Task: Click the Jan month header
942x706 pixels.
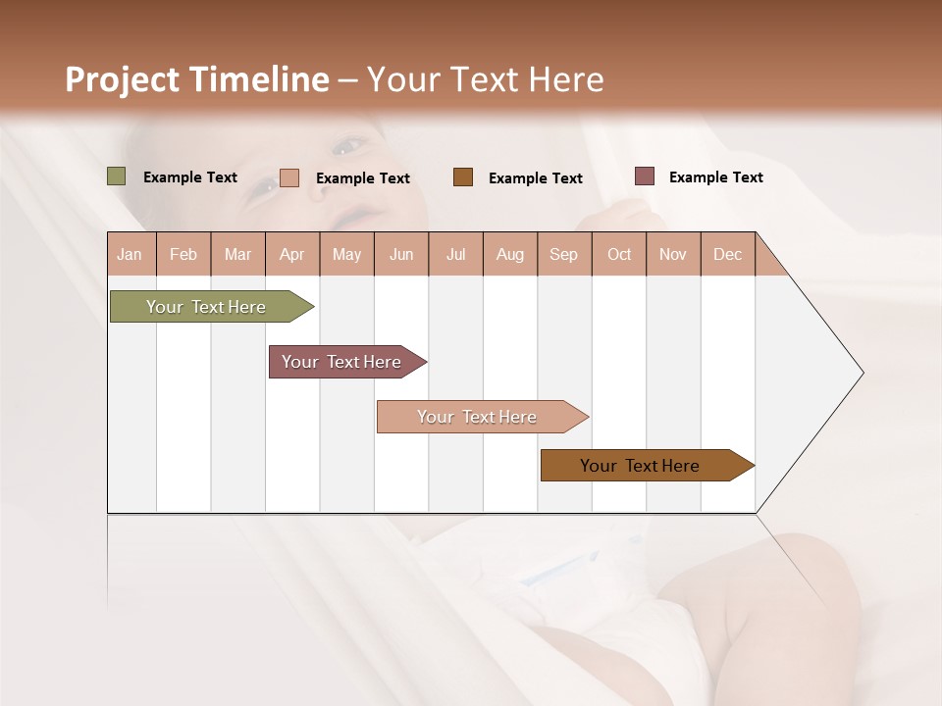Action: [x=130, y=255]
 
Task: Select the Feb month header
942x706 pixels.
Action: [x=183, y=255]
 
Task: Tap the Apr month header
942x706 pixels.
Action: [x=291, y=255]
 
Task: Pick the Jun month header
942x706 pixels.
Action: [x=401, y=255]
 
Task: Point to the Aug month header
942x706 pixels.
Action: [x=509, y=255]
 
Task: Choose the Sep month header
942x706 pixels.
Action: [x=563, y=255]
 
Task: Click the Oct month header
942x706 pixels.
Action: [x=619, y=255]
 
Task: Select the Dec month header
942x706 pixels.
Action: [x=727, y=255]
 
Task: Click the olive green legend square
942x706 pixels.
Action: [x=117, y=176]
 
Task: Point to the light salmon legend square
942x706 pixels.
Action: [x=289, y=177]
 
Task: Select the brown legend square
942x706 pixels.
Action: [x=463, y=177]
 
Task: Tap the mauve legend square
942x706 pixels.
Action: [x=645, y=176]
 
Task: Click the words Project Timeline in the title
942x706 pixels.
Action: [x=197, y=79]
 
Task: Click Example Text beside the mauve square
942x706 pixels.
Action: [x=715, y=177]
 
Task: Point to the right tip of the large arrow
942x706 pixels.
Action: [x=862, y=373]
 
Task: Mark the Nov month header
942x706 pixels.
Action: [x=673, y=255]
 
